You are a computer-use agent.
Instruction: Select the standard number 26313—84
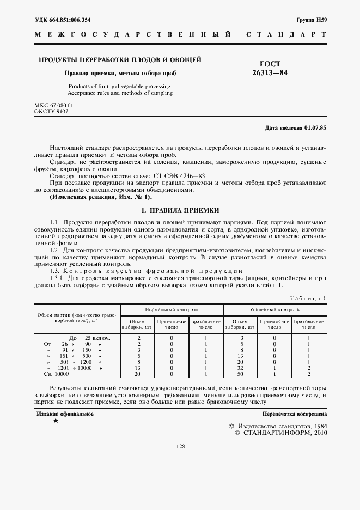270,72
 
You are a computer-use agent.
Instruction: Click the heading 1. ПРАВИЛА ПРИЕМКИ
180,210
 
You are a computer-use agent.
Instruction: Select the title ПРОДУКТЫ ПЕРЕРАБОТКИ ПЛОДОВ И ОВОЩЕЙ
119,59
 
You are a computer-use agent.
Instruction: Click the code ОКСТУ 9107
51,111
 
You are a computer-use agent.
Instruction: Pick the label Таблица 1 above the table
308,298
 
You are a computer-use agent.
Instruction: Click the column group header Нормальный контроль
172,309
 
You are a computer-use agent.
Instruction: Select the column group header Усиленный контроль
274,309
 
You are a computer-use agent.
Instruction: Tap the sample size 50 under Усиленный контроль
240,374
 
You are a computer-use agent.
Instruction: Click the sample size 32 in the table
240,368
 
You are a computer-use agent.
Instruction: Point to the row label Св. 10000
57,374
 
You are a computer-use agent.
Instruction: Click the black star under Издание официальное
56,421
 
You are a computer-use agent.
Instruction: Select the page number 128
180,447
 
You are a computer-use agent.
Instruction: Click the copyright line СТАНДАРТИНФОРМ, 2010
280,433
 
